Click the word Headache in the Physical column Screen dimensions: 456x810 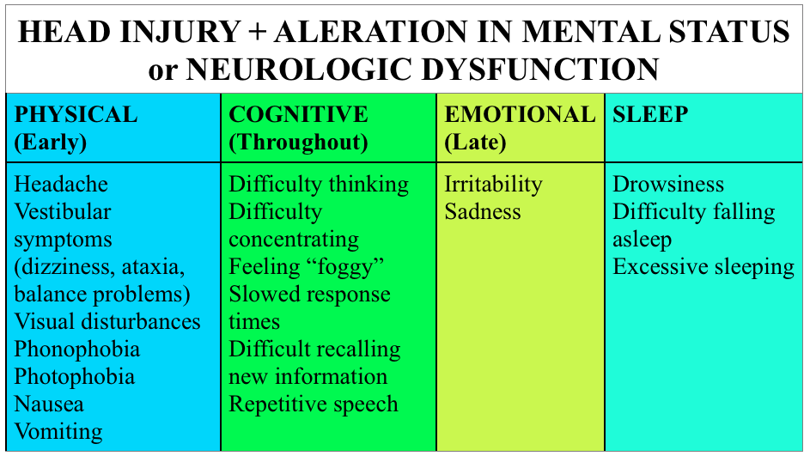[x=62, y=185]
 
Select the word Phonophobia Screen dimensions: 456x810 [x=77, y=350]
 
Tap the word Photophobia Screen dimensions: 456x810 [x=75, y=377]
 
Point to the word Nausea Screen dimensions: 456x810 [x=49, y=404]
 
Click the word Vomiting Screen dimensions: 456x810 [x=58, y=432]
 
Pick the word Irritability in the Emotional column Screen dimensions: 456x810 [x=493, y=185]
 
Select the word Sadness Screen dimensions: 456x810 [x=483, y=212]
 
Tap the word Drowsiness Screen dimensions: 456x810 [x=668, y=185]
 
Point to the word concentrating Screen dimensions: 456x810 [x=294, y=240]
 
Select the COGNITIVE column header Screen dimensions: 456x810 [x=299, y=114]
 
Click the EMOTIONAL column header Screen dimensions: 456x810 [x=520, y=114]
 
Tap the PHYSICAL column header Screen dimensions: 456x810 [x=76, y=114]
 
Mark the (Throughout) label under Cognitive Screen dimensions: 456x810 [x=298, y=142]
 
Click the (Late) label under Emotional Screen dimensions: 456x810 [x=475, y=142]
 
